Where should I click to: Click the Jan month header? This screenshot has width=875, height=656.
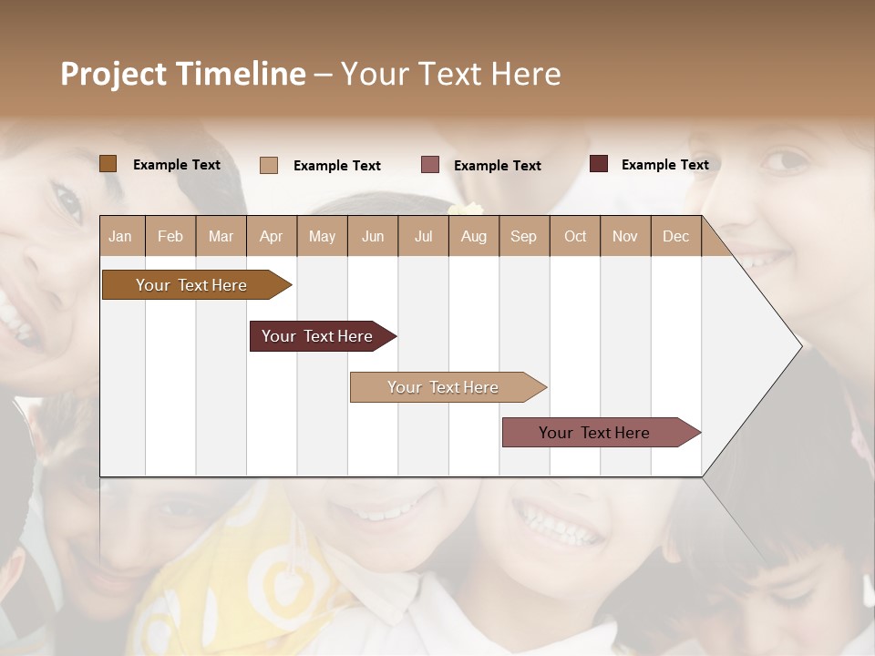(x=120, y=236)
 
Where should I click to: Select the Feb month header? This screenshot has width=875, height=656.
(x=170, y=236)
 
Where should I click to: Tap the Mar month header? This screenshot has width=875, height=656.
(x=221, y=236)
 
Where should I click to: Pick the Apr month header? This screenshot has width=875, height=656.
(x=271, y=236)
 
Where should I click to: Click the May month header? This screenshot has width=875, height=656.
(x=322, y=236)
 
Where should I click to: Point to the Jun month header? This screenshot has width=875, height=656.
(x=373, y=236)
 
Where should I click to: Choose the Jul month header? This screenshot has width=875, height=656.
(x=423, y=236)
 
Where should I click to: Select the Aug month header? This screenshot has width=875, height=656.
(x=474, y=236)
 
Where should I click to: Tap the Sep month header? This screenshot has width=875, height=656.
(x=523, y=236)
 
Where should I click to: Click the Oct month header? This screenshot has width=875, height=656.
(x=575, y=236)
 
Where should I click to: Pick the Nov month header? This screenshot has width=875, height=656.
(x=625, y=236)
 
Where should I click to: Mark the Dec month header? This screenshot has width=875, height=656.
(x=675, y=236)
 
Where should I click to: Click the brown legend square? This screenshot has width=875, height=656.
(x=108, y=164)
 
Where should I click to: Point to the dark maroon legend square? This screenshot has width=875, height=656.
(x=599, y=164)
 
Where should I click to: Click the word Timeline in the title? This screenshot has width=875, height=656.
(x=242, y=74)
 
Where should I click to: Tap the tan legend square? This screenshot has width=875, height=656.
(x=269, y=165)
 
